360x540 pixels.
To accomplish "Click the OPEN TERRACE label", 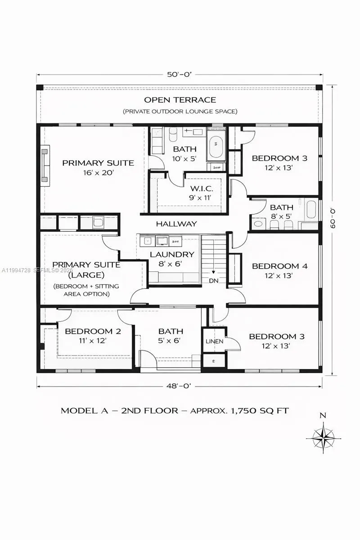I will pyautogui.click(x=180, y=99).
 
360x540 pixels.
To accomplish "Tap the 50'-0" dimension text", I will pyautogui.click(x=180, y=75).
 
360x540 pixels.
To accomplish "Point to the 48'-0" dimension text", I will pyautogui.click(x=180, y=385).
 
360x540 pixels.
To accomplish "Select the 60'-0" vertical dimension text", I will pyautogui.click(x=333, y=218).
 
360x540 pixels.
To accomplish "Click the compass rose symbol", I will pyautogui.click(x=323, y=437).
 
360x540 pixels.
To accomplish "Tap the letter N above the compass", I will pyautogui.click(x=323, y=416).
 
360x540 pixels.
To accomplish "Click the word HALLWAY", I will pyautogui.click(x=176, y=223).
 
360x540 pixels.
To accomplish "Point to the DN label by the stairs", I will pyautogui.click(x=213, y=280).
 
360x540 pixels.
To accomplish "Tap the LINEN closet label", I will pyautogui.click(x=214, y=342).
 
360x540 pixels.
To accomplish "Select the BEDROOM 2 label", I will pyautogui.click(x=93, y=332).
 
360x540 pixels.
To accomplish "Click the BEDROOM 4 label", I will pyautogui.click(x=279, y=266).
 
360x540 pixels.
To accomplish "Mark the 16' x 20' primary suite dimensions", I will pyautogui.click(x=98, y=172).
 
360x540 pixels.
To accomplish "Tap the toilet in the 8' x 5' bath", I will pyautogui.click(x=258, y=224).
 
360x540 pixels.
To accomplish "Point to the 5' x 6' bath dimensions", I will pyautogui.click(x=170, y=341).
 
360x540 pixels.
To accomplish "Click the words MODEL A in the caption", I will pyautogui.click(x=80, y=410).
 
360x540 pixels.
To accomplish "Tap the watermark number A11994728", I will pyautogui.click(x=16, y=270).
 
